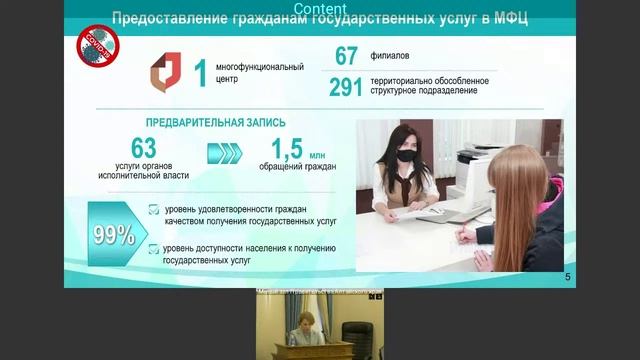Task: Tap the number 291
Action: (345, 88)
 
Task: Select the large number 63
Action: (144, 147)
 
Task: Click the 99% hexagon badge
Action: (114, 235)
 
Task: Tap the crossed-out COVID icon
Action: (99, 46)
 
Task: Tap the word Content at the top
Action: (320, 7)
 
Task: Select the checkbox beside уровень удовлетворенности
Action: (153, 209)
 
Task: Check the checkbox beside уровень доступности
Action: (153, 248)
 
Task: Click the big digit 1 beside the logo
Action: (200, 72)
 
